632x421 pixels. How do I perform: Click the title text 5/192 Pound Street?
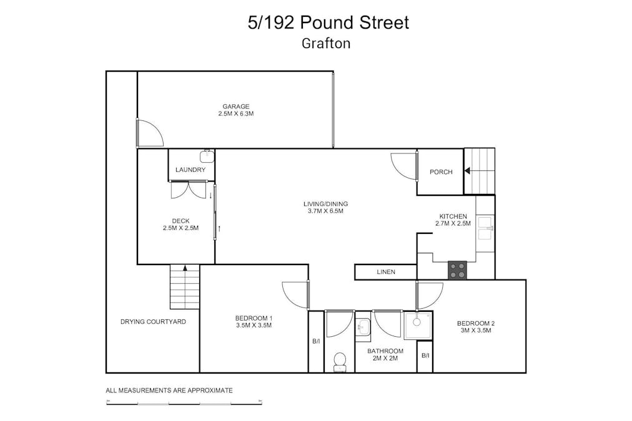tap(328, 22)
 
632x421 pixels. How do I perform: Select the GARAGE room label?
tap(235, 107)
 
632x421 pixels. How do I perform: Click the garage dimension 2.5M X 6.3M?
tap(235, 114)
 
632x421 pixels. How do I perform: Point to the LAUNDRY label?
tap(190, 170)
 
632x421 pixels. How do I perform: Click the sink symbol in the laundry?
tap(207, 156)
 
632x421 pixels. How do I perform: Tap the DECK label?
tap(180, 221)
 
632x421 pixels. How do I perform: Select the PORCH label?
tap(441, 172)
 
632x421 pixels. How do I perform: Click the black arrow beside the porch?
tap(467, 172)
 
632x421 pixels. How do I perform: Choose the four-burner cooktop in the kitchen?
tap(457, 269)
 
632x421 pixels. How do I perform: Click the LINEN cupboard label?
tap(385, 272)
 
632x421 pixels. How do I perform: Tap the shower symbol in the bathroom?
tap(417, 324)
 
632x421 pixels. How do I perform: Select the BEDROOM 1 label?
tap(254, 318)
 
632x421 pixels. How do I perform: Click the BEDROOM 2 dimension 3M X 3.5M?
tap(476, 331)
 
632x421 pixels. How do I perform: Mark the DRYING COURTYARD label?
tap(153, 322)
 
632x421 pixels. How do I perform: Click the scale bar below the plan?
tap(184, 404)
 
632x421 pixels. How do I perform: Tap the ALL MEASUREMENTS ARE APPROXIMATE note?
tap(169, 390)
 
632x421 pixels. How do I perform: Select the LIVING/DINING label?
tap(325, 204)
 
